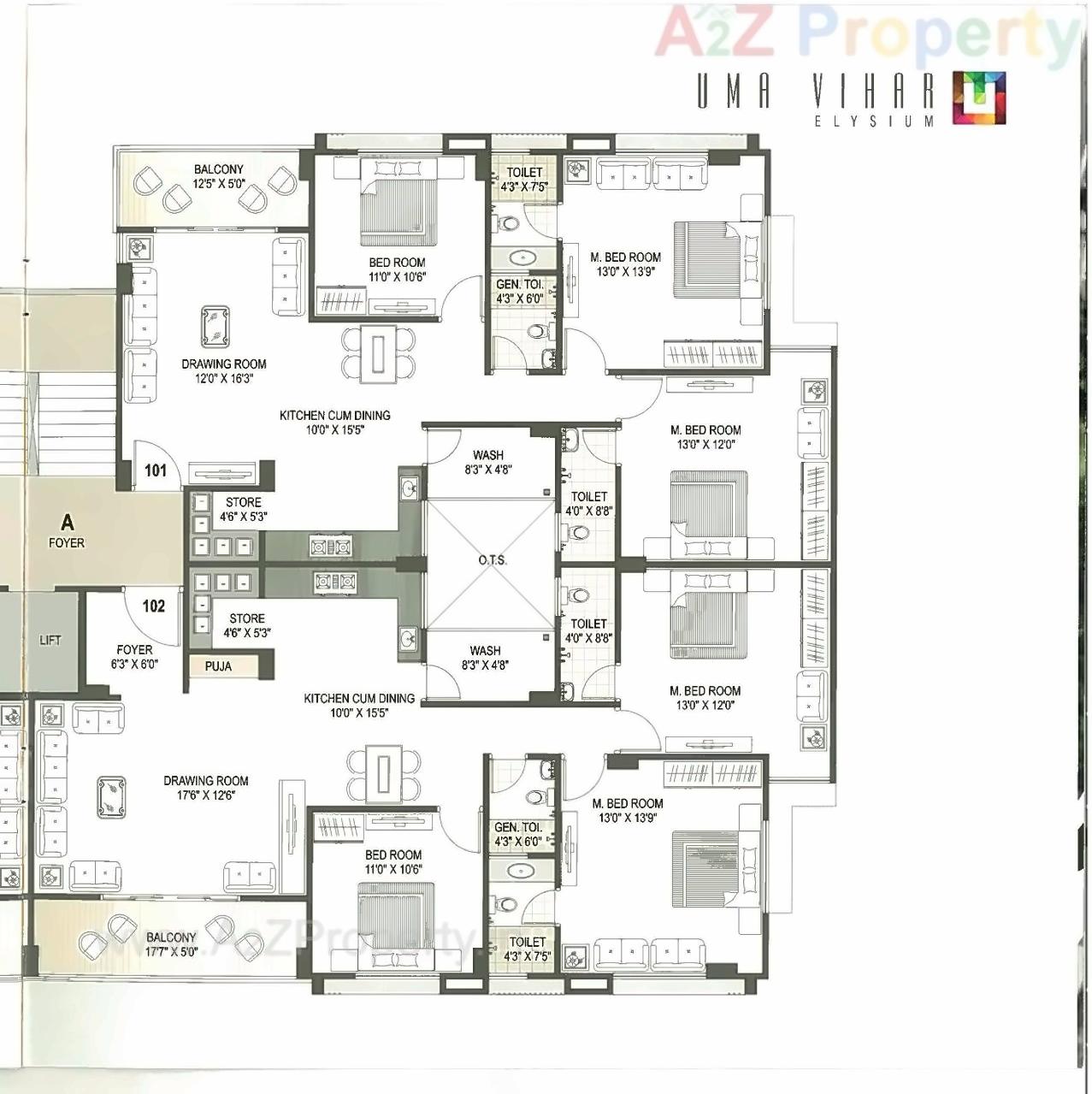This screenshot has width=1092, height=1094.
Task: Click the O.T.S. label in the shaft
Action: point(492,560)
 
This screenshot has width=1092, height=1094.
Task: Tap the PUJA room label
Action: point(218,665)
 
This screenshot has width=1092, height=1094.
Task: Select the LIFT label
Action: point(50,640)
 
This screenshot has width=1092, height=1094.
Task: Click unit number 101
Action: point(156,470)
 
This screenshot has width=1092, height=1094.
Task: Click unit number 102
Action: point(154,606)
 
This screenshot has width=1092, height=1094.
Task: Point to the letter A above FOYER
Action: point(67,522)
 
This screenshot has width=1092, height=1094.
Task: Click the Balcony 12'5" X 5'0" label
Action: point(218,176)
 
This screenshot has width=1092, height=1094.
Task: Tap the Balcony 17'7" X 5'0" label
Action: point(171,944)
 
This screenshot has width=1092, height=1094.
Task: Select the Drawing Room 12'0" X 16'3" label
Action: point(223,370)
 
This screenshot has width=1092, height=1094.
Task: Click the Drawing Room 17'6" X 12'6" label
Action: point(206,787)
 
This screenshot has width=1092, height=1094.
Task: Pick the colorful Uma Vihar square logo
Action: point(979,98)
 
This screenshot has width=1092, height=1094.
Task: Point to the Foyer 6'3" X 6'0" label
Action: point(134,656)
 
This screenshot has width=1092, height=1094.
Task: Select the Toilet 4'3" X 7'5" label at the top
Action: point(524,179)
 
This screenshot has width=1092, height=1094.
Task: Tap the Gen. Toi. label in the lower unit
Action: point(517,834)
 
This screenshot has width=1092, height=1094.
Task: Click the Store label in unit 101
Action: point(244,509)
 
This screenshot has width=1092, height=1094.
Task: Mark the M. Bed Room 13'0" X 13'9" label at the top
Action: point(625,263)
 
